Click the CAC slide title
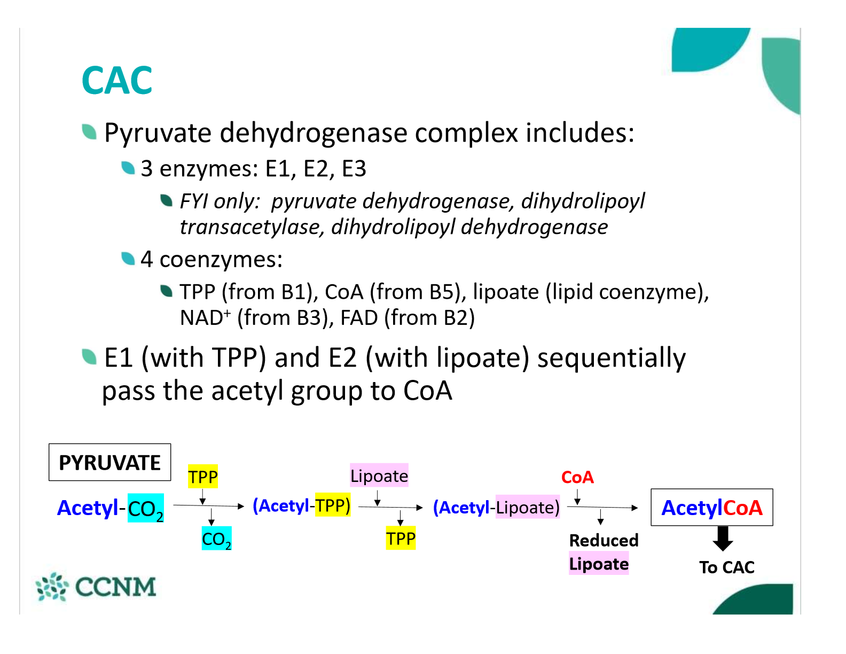point(117,81)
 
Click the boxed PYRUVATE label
point(109,463)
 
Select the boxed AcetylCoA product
point(711,508)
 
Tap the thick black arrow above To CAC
point(723,538)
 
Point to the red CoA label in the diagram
point(577,477)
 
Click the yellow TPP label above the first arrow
point(203,477)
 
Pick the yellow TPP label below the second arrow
point(401,539)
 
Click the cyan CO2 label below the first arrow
point(216,539)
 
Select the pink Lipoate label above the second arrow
point(379,476)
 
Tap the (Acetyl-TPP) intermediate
point(301,505)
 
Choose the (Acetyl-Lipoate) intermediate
point(496,507)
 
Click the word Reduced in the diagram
point(604,540)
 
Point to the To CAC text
point(727,567)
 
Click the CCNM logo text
point(115,587)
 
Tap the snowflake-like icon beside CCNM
point(52,587)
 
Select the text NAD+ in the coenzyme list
point(205,318)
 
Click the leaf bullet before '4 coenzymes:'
point(128,259)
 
